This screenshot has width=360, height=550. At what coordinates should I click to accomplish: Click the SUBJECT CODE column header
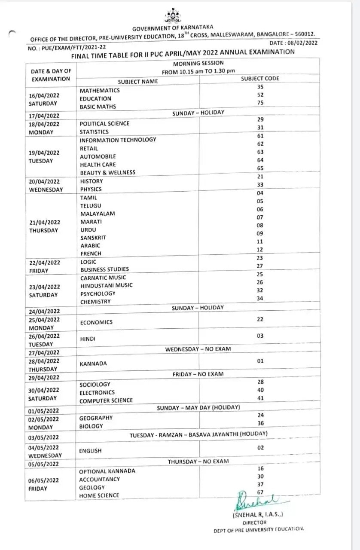coord(260,78)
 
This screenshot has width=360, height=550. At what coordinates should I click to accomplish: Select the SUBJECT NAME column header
coord(138,81)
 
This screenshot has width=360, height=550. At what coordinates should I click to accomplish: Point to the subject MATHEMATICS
coord(100,90)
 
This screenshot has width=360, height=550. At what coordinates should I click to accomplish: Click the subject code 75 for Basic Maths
coord(260,103)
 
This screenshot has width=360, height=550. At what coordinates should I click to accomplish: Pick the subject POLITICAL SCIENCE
coord(104,123)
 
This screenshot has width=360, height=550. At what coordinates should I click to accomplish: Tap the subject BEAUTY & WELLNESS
coord(107,172)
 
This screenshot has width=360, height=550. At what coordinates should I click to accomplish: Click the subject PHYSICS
coord(91,189)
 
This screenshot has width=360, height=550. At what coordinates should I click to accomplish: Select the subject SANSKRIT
coord(93,238)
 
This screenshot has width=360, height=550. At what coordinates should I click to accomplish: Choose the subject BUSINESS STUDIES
coord(104,269)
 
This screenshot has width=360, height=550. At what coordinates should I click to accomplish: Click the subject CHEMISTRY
coord(95,302)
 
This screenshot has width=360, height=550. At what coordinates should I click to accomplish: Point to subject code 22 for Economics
coord(260,319)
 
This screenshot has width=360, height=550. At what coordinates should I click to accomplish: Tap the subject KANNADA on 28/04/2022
coord(93,364)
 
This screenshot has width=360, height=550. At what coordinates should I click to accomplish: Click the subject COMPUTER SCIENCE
coord(106,400)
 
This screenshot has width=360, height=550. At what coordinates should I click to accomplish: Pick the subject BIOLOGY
coord(91,426)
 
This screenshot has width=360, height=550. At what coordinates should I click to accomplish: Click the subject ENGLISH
coord(90,451)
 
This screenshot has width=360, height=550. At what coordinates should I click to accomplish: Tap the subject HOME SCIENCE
coord(99,495)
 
